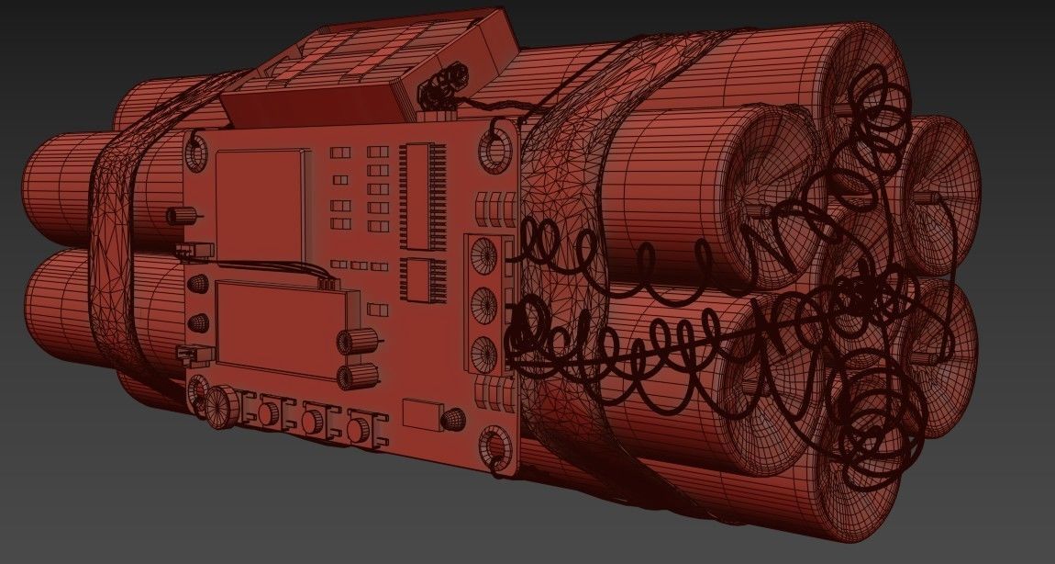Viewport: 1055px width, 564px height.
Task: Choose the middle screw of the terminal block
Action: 479,303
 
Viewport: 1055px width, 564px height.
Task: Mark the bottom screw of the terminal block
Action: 479,349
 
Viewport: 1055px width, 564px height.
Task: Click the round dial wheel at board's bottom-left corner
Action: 219,409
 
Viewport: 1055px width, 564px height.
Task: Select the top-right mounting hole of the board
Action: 498,149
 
